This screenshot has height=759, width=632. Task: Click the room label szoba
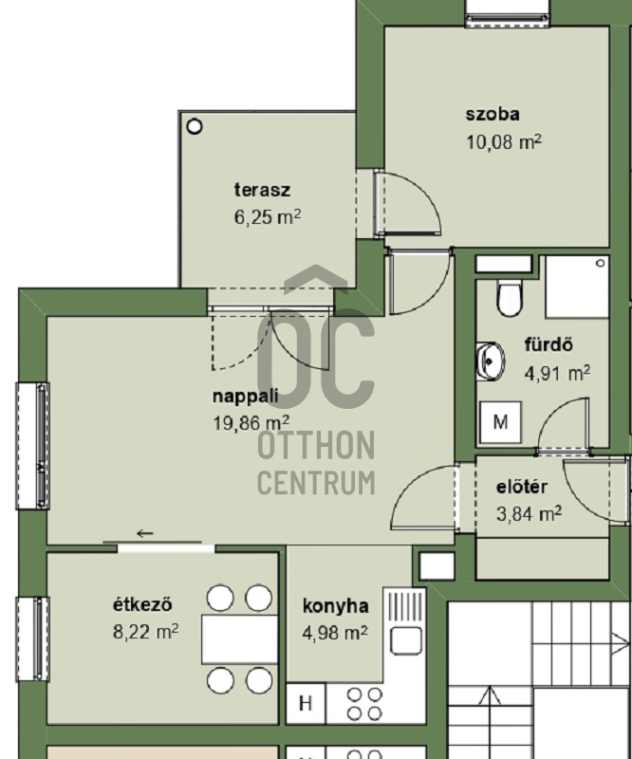(x=493, y=114)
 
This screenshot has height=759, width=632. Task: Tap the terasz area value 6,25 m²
(x=268, y=217)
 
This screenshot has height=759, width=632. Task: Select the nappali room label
(x=246, y=396)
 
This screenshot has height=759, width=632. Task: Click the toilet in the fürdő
(x=510, y=297)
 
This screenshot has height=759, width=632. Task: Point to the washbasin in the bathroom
(x=490, y=361)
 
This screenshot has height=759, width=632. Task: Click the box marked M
(x=501, y=422)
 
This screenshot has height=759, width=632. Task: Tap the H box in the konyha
(x=306, y=703)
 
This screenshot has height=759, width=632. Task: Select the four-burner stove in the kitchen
(x=364, y=704)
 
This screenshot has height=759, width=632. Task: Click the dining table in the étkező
(x=240, y=639)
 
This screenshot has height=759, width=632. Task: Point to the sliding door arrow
(x=145, y=533)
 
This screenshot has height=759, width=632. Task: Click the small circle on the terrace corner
(x=195, y=127)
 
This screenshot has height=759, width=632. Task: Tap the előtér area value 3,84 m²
(x=529, y=513)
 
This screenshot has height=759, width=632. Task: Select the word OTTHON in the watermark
(x=316, y=446)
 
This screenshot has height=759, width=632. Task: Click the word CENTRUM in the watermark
(x=316, y=483)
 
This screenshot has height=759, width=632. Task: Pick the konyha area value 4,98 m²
(x=335, y=632)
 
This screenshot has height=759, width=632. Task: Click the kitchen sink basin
(x=406, y=641)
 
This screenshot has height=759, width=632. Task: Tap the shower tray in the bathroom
(x=577, y=287)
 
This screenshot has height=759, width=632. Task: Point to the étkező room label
(x=143, y=604)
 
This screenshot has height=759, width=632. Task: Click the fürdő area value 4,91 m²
(x=557, y=373)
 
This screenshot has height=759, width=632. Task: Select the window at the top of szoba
(x=508, y=13)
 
